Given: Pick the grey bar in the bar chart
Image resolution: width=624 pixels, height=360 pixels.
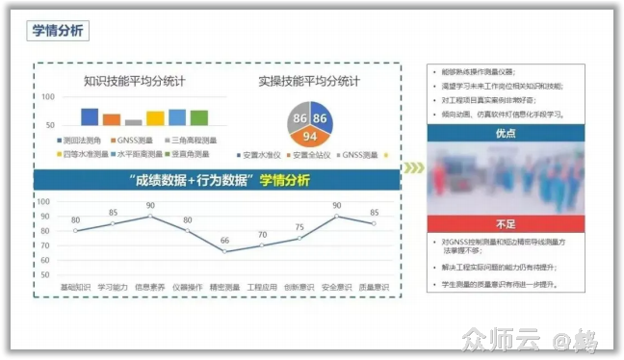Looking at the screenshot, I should coord(134,122).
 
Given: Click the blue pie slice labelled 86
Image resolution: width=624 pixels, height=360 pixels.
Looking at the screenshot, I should coord(322,117).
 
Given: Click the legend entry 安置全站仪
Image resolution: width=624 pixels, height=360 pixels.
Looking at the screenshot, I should coord(315,154).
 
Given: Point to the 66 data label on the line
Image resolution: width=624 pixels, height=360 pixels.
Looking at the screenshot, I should coord(224,241).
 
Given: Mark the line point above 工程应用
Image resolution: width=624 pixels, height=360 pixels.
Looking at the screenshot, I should coord(262,245).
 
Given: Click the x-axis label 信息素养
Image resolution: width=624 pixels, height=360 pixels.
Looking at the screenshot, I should coord(149,286).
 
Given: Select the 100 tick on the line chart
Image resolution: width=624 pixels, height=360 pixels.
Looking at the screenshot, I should coord(43,201).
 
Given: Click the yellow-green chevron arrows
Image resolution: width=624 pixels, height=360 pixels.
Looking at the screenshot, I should coord(412,168).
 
